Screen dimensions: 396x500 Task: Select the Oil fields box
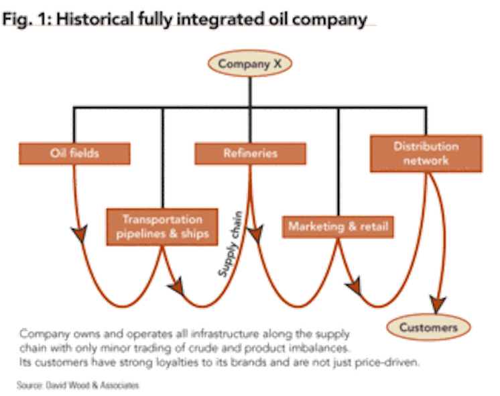click(74, 152)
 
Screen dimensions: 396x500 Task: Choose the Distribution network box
click(426, 154)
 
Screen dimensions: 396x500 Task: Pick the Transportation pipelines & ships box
click(162, 227)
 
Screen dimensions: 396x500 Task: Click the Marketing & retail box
click(338, 226)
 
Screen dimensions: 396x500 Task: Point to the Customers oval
click(428, 328)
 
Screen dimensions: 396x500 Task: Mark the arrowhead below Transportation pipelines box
click(176, 287)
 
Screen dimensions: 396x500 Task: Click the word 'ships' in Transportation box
click(194, 234)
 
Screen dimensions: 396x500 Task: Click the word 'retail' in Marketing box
click(373, 227)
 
